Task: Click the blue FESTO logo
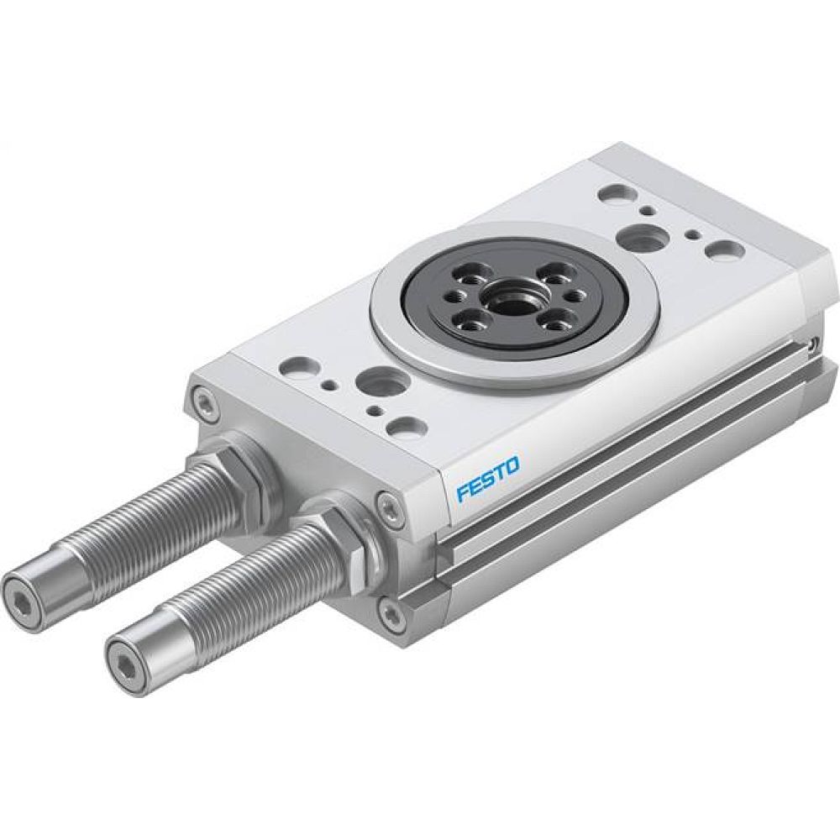coord(489,478)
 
